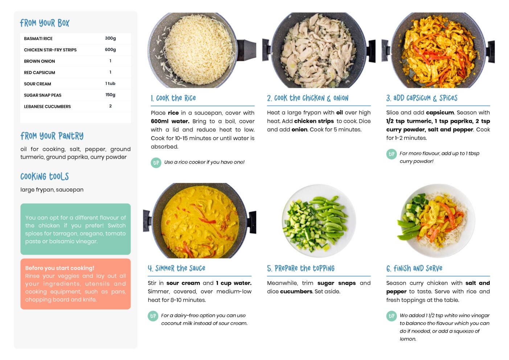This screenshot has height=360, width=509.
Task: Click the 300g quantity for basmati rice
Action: coord(110,38)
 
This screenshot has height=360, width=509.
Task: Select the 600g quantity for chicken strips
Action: coord(110,50)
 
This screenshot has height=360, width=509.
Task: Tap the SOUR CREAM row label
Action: coord(37,84)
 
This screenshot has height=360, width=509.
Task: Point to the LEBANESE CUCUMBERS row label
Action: coord(47,106)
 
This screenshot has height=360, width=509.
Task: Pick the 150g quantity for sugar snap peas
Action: coord(110,95)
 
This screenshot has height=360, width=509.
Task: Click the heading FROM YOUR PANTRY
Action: coord(52,136)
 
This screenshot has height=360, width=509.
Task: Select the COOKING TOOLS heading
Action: coord(45,176)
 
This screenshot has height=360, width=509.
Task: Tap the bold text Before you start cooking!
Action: coord(59,268)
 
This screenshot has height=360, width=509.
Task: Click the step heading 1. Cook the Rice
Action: coord(173,98)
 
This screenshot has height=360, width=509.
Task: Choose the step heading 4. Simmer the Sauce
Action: coord(176,268)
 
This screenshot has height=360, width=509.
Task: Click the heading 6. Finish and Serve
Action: coord(414,269)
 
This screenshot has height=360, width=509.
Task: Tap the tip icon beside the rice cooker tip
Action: coord(156,163)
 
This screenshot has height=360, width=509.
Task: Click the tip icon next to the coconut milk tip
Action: coord(153,316)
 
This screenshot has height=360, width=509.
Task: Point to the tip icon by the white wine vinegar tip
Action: coord(391,316)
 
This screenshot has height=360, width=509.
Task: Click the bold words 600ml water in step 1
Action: coord(170,121)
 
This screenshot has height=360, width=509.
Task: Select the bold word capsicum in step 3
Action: coord(440,113)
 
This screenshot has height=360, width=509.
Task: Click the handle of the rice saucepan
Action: coord(246,50)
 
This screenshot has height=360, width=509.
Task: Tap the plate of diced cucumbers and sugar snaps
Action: coord(319,221)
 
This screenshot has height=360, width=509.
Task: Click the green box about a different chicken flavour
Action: coord(75,229)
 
